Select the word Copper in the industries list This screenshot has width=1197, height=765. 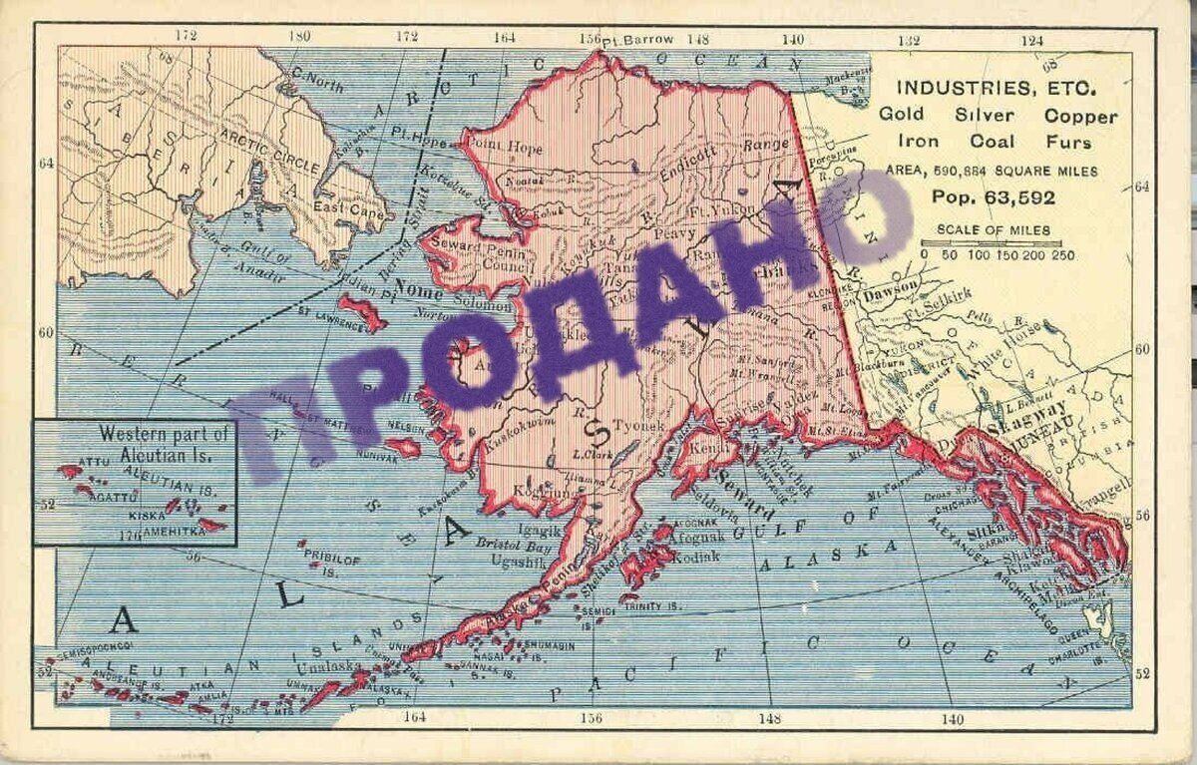point(1083,116)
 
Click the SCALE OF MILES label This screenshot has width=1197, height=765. point(993,230)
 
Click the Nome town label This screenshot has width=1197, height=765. point(419,289)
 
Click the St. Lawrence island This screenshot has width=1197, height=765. point(362,313)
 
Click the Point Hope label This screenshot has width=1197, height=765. point(506,149)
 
